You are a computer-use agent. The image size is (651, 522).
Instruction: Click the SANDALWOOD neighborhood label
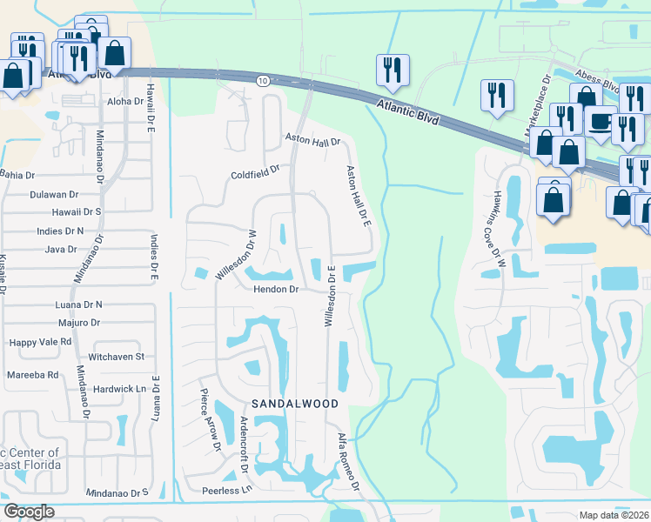coord(293,405)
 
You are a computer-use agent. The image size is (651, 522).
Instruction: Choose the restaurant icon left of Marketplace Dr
coord(497,96)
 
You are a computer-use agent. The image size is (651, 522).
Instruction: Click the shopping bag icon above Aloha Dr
coord(114,53)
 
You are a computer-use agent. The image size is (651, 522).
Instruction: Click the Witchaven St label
coord(115,357)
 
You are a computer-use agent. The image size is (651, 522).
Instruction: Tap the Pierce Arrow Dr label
coord(211,420)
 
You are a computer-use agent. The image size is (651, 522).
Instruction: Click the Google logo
coord(29,512)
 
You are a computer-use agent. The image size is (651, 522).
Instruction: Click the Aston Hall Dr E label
coord(359,197)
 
